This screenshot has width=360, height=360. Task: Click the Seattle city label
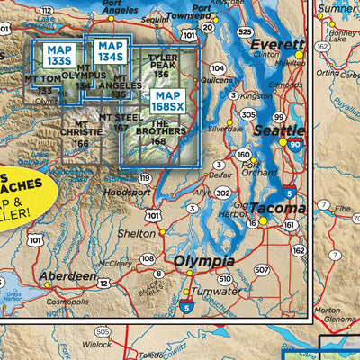[x=256, y=130]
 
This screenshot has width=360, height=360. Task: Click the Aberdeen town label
[x=67, y=275]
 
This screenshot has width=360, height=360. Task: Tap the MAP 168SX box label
[x=169, y=100]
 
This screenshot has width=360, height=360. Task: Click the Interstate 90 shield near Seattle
[x=297, y=142]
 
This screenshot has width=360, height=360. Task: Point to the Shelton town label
[x=138, y=232]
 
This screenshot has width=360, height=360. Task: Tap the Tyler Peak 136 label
[x=162, y=67]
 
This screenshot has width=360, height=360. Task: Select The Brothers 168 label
[x=158, y=135]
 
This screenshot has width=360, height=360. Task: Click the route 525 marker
[x=244, y=31]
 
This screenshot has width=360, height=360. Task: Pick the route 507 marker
[x=261, y=269]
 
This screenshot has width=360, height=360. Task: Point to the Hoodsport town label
[x=128, y=192]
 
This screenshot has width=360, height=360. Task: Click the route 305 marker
[x=248, y=114]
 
